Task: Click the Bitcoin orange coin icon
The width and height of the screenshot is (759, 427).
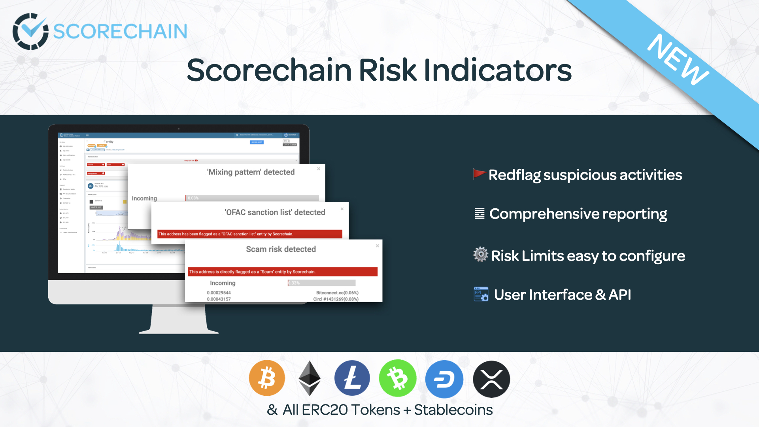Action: [x=267, y=378]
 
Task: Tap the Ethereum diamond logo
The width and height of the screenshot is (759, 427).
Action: [x=309, y=378]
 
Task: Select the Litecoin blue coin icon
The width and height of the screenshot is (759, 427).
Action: [x=352, y=378]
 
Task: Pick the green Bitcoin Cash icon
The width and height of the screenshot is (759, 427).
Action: [x=397, y=378]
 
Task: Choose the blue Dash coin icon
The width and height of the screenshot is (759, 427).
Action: [x=444, y=379]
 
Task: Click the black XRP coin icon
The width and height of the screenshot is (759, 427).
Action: [x=491, y=379]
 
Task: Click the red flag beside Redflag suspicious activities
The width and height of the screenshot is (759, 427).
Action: [x=479, y=174]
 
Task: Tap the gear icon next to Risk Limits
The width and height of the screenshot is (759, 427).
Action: [x=481, y=254]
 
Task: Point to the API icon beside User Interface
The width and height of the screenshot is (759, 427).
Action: [x=481, y=294]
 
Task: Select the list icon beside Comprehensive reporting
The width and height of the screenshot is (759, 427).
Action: [x=480, y=213]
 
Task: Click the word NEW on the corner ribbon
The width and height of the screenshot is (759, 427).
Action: [x=678, y=59]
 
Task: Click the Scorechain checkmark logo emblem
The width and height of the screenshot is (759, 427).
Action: [x=30, y=31]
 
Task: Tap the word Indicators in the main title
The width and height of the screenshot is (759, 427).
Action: [x=498, y=70]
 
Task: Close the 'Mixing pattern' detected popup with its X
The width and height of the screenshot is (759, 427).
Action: [x=319, y=169]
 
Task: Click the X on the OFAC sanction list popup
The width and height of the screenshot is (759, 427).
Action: [x=342, y=209]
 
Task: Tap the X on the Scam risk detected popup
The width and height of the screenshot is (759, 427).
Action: [x=378, y=246]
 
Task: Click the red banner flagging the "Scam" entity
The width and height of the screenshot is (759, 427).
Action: [x=283, y=272]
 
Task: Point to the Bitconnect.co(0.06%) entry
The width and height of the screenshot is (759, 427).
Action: [x=337, y=293]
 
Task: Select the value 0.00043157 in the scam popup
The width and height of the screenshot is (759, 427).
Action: [x=219, y=299]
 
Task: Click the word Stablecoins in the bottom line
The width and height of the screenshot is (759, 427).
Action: [x=453, y=410]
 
